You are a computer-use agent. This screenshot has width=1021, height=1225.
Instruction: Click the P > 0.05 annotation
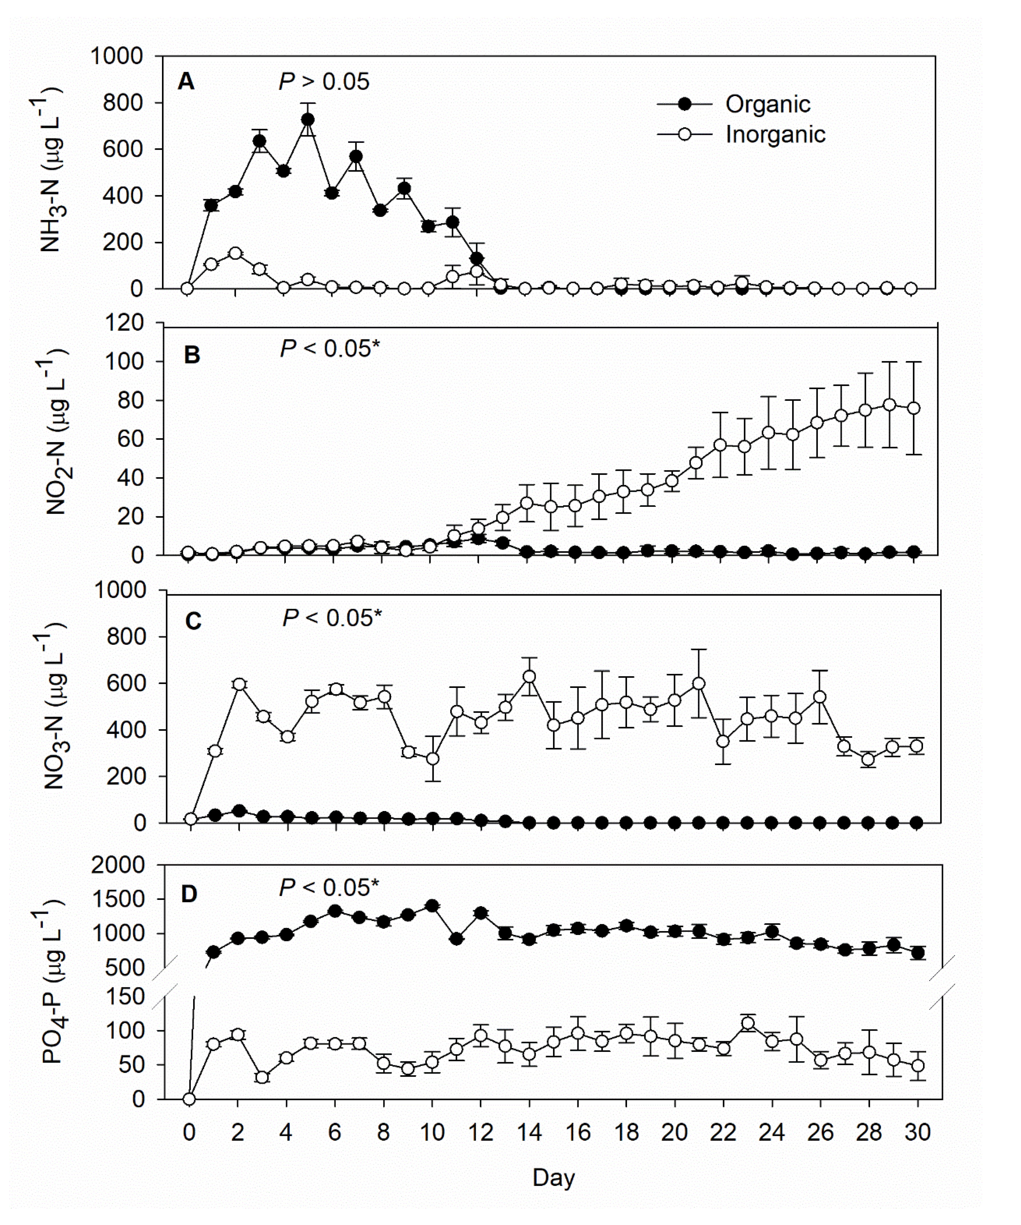click(x=324, y=82)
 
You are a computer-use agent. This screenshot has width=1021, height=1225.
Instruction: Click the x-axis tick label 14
click(x=529, y=1132)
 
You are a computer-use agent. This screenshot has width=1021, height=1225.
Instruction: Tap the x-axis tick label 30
click(x=917, y=1132)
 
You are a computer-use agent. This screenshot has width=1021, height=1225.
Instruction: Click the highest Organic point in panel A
click(x=307, y=120)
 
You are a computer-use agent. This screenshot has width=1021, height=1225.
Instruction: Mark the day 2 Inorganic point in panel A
click(x=235, y=253)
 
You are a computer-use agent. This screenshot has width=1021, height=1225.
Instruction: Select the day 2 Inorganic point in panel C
click(x=239, y=684)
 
